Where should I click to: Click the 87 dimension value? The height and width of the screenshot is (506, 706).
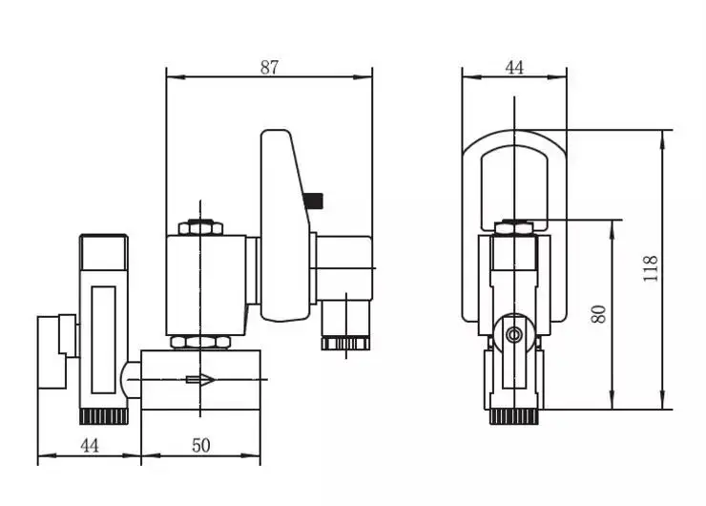[269, 68]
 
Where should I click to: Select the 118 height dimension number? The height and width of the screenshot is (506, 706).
[650, 269]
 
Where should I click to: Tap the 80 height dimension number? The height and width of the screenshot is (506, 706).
[599, 314]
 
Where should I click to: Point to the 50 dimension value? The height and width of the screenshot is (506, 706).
[200, 446]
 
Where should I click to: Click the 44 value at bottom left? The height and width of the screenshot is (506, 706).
[90, 446]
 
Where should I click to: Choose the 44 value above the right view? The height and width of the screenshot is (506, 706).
[514, 68]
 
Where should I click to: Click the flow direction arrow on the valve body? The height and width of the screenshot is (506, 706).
[200, 379]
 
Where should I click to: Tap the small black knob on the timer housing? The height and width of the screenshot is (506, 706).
[313, 200]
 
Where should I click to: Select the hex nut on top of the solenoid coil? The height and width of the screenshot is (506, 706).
[200, 227]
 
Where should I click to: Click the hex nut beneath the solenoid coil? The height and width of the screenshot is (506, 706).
[200, 342]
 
